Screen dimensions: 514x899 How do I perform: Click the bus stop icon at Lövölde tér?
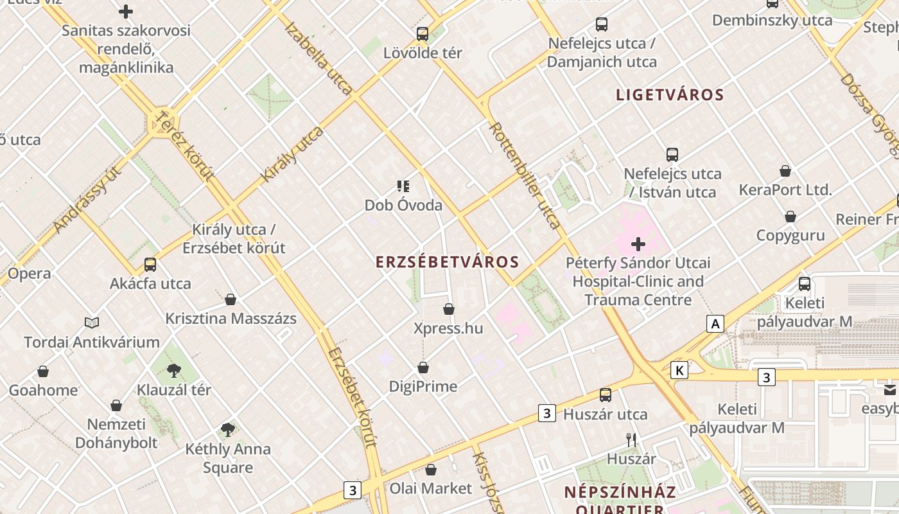pos(422,34)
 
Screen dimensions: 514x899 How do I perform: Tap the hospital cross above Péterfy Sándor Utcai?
pos(638,244)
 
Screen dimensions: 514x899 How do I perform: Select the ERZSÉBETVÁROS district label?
pos(447,262)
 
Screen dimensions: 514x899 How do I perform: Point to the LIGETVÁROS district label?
pos(670,95)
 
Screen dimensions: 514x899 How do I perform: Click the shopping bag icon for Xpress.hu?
pos(449,310)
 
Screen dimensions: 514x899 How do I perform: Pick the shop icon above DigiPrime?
pos(423,368)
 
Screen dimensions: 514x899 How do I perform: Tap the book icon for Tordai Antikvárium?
pos(92,323)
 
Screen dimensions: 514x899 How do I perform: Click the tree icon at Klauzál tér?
pos(173,370)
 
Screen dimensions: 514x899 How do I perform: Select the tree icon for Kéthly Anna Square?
pos(227,429)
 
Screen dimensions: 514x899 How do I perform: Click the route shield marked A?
pos(715,324)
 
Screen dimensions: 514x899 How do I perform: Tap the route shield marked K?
pos(679,370)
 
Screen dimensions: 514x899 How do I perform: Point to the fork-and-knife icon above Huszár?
pos(631,440)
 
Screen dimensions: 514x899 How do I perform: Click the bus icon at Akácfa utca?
pos(150,264)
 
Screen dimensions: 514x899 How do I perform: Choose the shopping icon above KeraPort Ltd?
pos(785,171)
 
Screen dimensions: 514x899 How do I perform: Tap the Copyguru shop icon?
pos(790,217)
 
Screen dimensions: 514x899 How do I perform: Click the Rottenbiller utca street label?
pos(525,175)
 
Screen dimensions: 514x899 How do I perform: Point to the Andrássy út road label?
pos(88,199)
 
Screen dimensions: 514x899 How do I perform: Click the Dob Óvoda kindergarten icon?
pos(403,187)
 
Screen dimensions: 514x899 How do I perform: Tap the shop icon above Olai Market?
pos(431,470)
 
